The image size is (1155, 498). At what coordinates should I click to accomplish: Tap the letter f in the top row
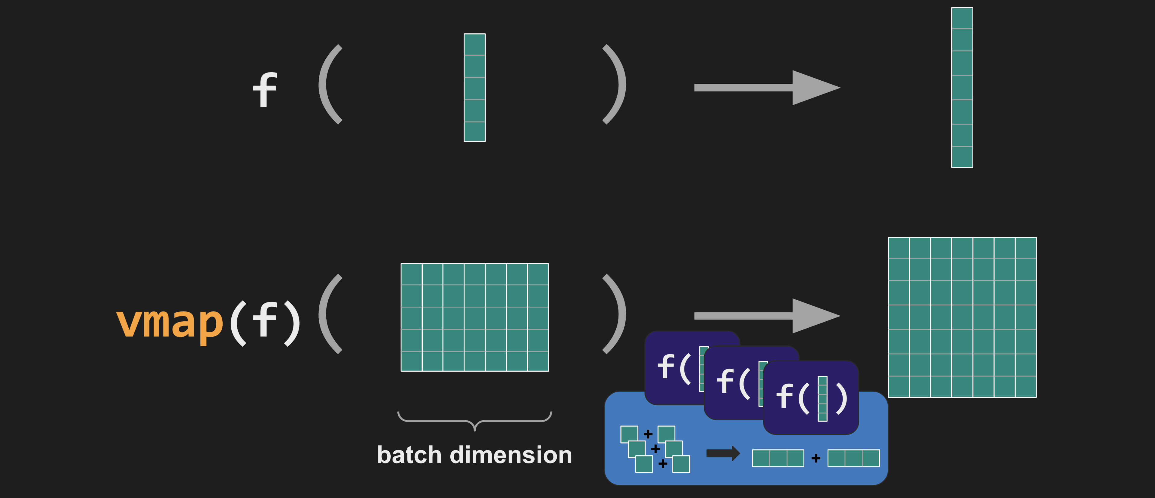coord(265,90)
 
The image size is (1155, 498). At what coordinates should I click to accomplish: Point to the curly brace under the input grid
coord(474,421)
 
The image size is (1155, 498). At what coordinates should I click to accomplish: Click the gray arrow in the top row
coord(767,88)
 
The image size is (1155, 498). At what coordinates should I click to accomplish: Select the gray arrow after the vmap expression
coord(767,316)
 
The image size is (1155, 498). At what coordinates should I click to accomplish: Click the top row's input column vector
coord(474,88)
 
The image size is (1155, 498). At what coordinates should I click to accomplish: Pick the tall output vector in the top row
coord(962,88)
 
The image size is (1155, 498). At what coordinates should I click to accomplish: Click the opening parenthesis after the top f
coord(330,84)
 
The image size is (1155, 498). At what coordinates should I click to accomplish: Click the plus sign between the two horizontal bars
coord(815,458)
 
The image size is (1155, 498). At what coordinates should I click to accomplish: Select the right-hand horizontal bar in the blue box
coord(853,458)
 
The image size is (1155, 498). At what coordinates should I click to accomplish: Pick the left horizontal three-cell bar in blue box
coord(778,458)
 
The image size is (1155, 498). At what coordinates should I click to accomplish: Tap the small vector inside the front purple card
coord(822,399)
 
